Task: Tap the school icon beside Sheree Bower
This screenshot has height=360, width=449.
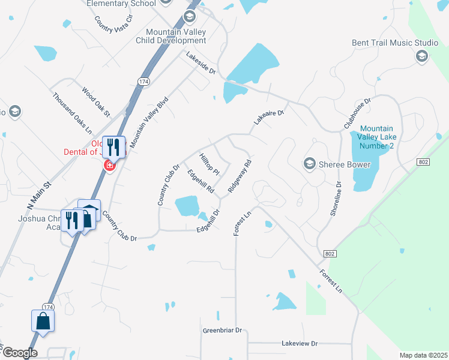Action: pos(310,164)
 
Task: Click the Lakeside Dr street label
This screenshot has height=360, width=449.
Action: pos(200,63)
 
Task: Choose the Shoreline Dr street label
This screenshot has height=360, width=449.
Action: pos(335,199)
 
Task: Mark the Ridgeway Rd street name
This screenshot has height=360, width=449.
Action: pos(239,176)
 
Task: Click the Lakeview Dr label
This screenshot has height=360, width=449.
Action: pos(299,344)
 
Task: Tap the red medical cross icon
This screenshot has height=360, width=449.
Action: pos(110,165)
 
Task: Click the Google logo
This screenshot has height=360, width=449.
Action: pos(19,353)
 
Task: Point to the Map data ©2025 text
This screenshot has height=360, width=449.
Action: pos(423,355)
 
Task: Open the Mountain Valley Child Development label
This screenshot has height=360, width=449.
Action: pos(176,36)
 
